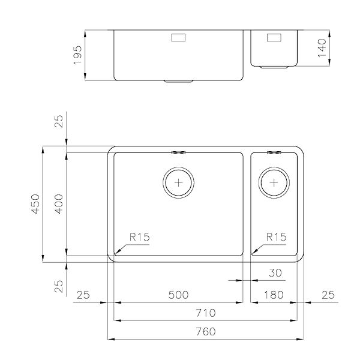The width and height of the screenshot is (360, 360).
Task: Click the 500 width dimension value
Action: tap(178, 295)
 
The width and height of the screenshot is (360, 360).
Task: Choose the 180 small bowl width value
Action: tap(274, 295)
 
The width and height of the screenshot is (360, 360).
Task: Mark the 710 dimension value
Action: tap(206, 313)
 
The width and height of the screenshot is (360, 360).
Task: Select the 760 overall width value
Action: tap(206, 332)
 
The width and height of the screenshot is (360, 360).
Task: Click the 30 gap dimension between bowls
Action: tap(275, 274)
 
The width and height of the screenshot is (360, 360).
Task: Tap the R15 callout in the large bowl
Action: tap(139, 237)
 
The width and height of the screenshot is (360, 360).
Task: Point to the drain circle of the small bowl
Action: tap(274, 181)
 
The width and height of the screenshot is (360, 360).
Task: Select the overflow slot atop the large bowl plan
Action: tap(179, 152)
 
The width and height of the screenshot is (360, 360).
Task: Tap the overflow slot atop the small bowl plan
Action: tap(274, 152)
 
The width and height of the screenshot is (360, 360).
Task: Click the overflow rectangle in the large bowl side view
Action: tap(179, 37)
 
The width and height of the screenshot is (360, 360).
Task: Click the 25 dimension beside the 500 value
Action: tap(83, 295)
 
